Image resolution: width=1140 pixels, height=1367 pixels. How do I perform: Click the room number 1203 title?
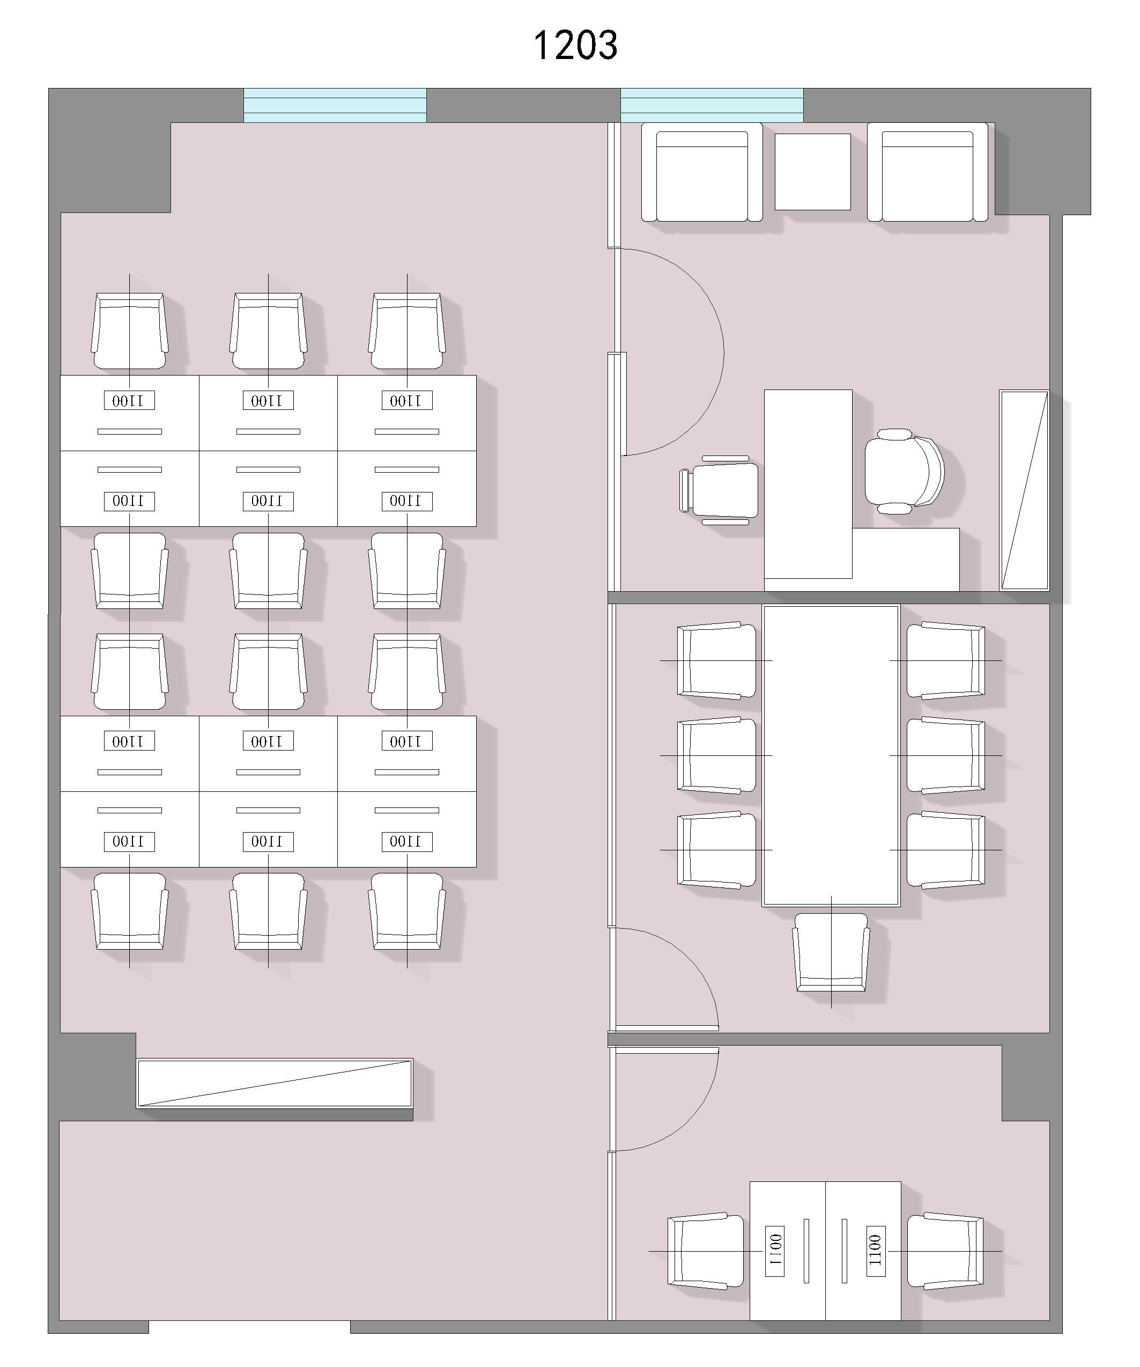tap(575, 45)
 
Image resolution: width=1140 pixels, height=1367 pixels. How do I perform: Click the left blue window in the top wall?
tap(335, 106)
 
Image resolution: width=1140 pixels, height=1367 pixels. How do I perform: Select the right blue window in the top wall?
tap(712, 106)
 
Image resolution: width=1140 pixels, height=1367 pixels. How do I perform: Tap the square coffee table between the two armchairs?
tap(813, 172)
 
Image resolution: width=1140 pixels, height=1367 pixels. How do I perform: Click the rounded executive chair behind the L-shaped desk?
tap(905, 471)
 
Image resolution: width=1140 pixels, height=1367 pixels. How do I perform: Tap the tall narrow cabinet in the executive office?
tap(1024, 490)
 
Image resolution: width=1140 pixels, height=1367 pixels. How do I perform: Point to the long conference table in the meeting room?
tap(831, 755)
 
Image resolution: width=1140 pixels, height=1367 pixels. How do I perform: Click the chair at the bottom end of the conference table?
tap(831, 952)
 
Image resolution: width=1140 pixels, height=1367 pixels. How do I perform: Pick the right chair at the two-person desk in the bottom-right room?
tap(945, 1251)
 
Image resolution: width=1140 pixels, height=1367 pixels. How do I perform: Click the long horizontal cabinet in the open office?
tap(275, 1083)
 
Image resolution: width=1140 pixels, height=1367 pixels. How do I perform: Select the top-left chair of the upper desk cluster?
tap(129, 330)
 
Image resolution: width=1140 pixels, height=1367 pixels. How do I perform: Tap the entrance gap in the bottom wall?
tap(249, 1327)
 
